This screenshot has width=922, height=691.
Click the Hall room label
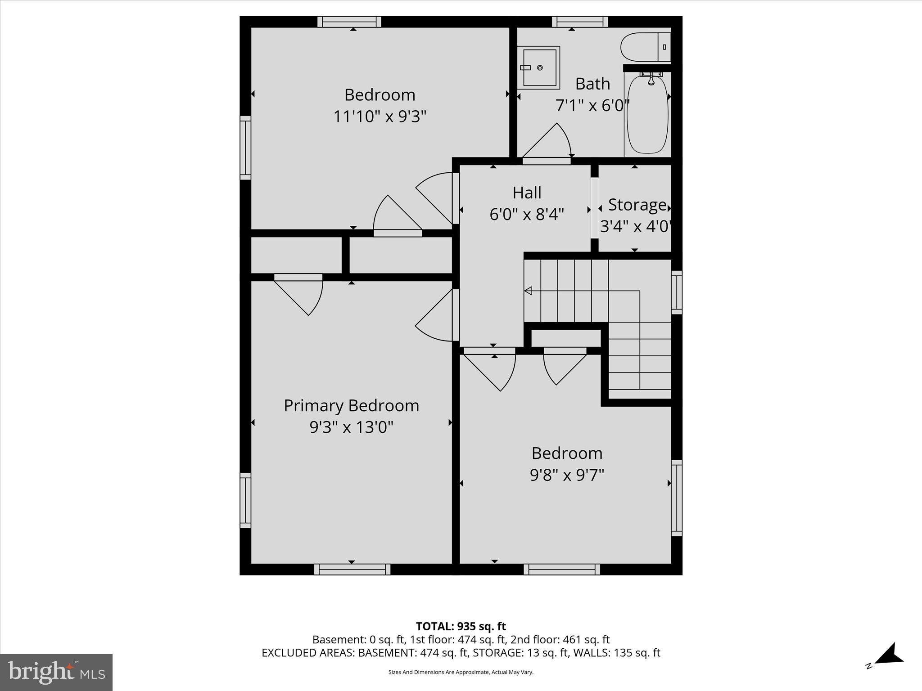pos(527,193)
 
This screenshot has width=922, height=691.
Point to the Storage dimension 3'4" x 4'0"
pos(635,226)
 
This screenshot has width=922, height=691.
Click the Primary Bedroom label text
pos(351,406)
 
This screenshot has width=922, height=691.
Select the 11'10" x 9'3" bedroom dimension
pos(380,117)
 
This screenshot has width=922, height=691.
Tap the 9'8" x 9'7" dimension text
pos(567,475)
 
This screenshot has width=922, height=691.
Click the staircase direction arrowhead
pos(528,291)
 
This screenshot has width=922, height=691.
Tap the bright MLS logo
pos(56,672)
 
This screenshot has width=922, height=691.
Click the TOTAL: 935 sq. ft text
pos(461,626)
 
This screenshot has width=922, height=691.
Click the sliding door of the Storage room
pos(594,208)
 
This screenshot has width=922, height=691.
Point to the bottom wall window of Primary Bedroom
pos(352,569)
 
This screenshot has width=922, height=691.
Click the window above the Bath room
pos(580,22)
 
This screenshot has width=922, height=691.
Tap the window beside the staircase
pos(676,292)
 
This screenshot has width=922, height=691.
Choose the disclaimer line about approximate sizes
pos(461,672)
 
